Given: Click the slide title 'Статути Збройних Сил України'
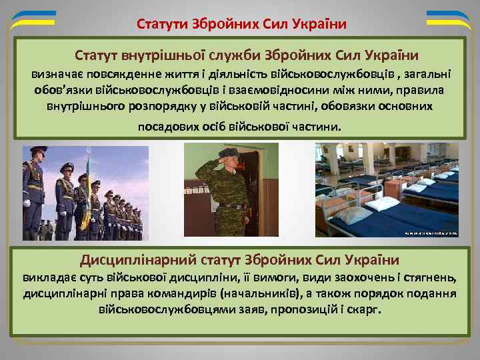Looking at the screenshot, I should click(241, 25).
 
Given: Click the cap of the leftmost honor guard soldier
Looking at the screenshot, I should click(38, 151).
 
